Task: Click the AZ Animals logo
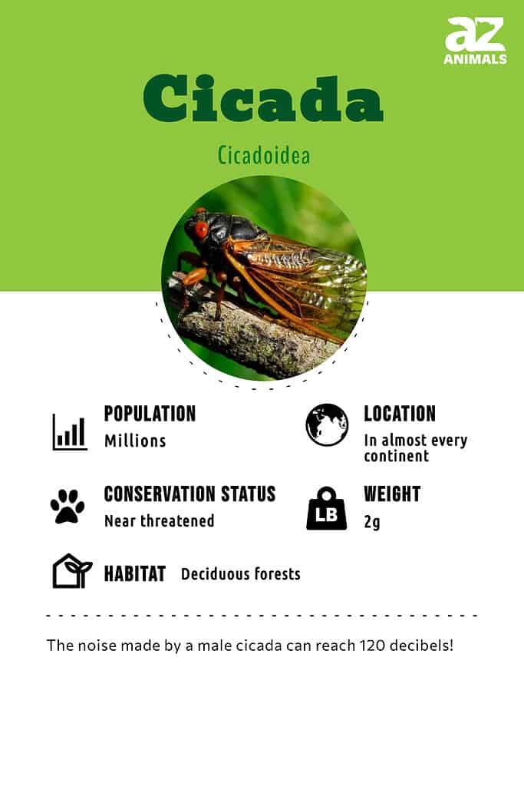[475, 41]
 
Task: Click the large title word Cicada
[263, 99]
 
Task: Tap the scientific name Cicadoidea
[263, 155]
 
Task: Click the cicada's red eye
[201, 229]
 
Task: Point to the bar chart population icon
[70, 432]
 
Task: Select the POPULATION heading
[150, 414]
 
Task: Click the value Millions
[135, 441]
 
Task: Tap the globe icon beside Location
[327, 424]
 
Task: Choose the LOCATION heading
[400, 414]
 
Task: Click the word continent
[396, 456]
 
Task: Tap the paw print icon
[68, 507]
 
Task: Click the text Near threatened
[160, 521]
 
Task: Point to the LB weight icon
[327, 508]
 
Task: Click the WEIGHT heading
[392, 494]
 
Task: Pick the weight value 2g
[371, 522]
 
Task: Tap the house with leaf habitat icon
[72, 570]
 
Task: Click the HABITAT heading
[135, 574]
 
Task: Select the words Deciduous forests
[240, 574]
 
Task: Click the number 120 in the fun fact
[372, 645]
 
